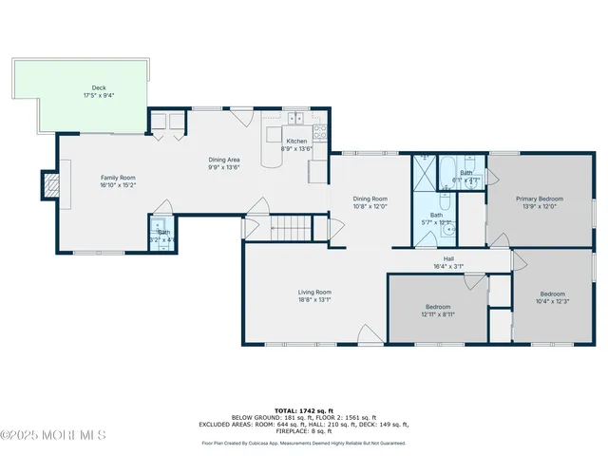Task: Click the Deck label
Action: [x=99, y=88]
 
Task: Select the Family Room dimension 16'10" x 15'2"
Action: [x=120, y=185]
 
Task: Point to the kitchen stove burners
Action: [x=320, y=132]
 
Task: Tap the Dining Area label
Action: [x=224, y=160]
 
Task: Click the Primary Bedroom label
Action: [x=540, y=199]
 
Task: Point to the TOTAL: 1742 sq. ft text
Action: [x=303, y=406]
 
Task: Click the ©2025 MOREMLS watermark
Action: [x=53, y=435]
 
